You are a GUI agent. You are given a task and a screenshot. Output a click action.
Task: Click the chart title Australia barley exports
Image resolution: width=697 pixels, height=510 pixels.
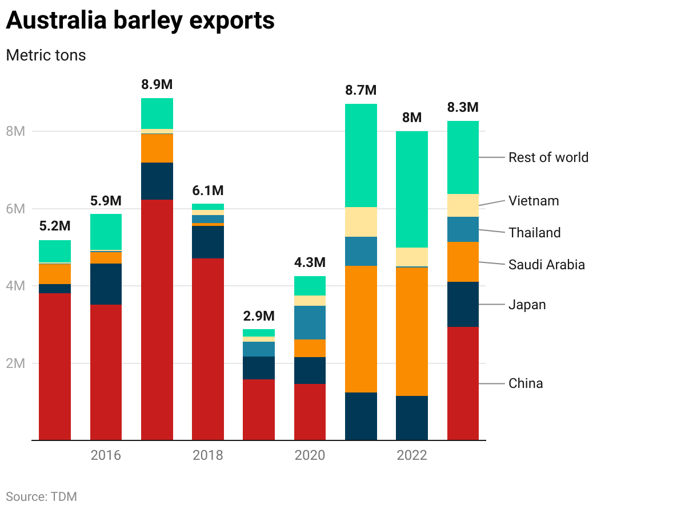click(x=140, y=21)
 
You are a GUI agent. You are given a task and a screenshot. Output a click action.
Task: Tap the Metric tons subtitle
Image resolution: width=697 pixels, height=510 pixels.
click(x=46, y=55)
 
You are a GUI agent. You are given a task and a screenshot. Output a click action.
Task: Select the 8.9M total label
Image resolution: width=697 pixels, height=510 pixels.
click(x=157, y=84)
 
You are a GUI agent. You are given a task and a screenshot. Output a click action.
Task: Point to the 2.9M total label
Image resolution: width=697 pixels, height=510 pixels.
click(x=258, y=315)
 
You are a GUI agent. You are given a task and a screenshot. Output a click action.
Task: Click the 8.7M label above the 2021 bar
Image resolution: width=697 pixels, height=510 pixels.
click(x=360, y=90)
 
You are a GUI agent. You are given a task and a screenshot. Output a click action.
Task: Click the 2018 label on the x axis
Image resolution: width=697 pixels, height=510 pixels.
click(x=208, y=455)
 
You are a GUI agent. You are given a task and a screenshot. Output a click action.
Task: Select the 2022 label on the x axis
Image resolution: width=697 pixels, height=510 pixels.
click(x=411, y=455)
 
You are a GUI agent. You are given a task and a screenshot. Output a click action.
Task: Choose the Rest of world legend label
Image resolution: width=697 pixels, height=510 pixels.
click(x=548, y=157)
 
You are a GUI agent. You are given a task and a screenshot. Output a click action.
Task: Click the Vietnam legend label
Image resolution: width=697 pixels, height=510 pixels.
click(x=534, y=201)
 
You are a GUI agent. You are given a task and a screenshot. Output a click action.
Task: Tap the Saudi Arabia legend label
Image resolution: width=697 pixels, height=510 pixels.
click(x=546, y=265)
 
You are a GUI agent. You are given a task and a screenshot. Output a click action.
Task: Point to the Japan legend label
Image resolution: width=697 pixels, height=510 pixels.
click(x=527, y=305)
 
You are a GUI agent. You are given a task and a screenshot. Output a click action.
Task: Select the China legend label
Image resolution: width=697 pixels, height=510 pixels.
click(x=526, y=383)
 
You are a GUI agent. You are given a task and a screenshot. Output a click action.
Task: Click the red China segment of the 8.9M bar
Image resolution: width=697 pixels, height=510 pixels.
click(x=157, y=319)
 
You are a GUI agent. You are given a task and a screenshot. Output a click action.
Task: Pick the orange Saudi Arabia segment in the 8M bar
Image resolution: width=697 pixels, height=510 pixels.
click(x=411, y=331)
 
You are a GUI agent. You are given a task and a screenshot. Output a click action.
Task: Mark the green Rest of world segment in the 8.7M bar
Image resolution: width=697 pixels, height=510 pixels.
click(x=360, y=155)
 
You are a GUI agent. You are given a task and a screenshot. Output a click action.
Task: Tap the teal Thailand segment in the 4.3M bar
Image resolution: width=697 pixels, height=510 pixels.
click(x=310, y=322)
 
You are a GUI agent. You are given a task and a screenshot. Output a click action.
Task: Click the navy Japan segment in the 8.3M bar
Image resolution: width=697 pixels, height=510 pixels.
click(x=463, y=304)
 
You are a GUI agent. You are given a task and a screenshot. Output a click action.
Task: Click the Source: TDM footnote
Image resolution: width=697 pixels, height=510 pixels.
click(x=41, y=496)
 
